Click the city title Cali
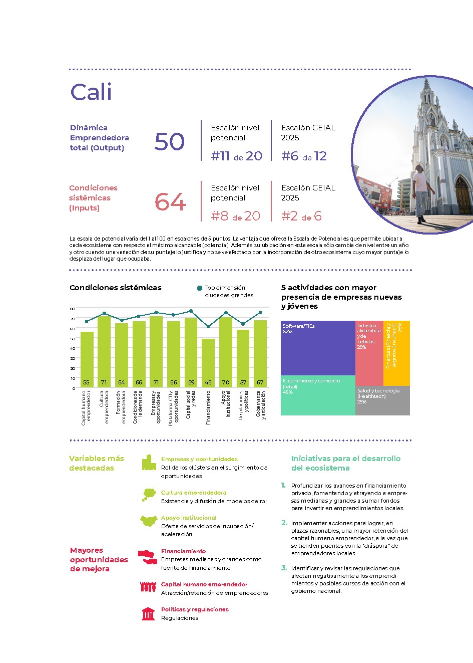91,92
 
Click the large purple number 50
170,142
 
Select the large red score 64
170,202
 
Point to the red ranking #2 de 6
301,216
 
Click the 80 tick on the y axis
73,309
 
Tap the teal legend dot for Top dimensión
200,288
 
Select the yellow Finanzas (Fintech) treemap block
396,353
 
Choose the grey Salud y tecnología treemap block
383,400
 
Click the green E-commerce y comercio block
318,396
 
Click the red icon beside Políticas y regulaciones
148,614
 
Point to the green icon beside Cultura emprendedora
148,495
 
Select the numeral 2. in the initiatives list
284,523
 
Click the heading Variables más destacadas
96,463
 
